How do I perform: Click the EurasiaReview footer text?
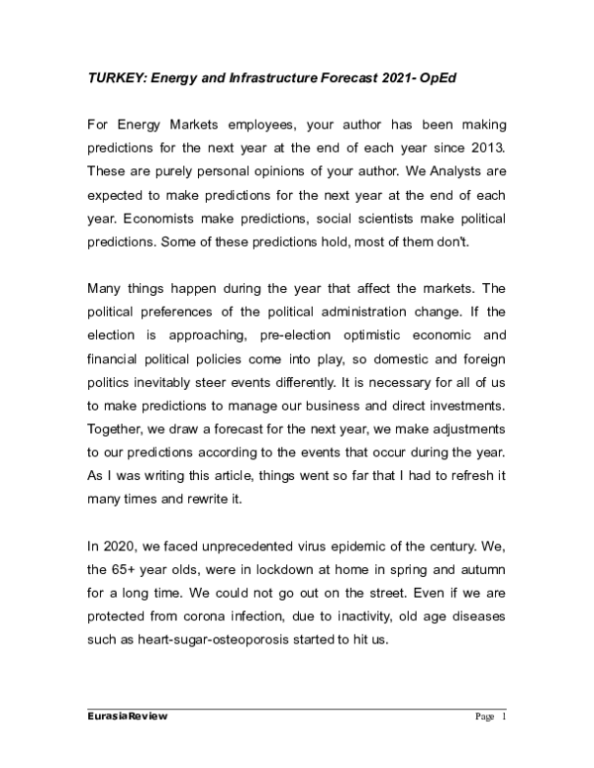pos(127,718)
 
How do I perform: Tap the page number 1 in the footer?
pos(504,718)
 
